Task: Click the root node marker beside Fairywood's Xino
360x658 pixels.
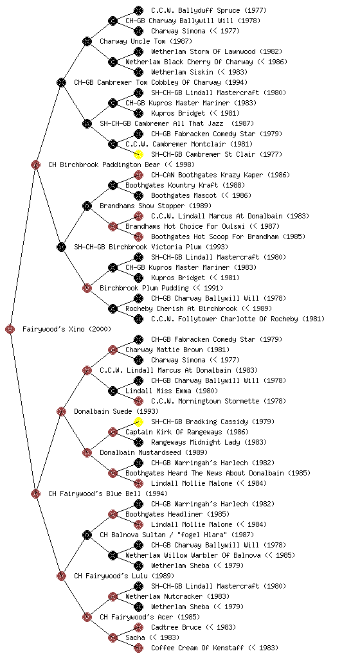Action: [x=10, y=329]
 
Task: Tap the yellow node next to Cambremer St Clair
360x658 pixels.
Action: [x=138, y=154]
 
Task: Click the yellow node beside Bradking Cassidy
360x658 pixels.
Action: [x=138, y=422]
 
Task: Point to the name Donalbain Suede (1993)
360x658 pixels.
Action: [x=116, y=411]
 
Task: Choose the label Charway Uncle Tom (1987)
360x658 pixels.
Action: [x=145, y=41]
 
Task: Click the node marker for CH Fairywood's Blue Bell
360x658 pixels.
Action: [x=35, y=493]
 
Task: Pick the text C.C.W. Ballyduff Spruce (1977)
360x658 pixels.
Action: [x=208, y=10]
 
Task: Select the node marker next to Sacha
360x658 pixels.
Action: [x=113, y=637]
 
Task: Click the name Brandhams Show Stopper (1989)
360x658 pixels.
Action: [x=155, y=206]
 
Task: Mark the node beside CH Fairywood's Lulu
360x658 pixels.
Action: [x=61, y=576]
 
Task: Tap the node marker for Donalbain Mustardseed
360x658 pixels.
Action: [x=87, y=452]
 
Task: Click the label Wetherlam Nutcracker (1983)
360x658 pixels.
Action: [x=177, y=596]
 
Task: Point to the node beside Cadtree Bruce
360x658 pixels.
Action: [x=138, y=627]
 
